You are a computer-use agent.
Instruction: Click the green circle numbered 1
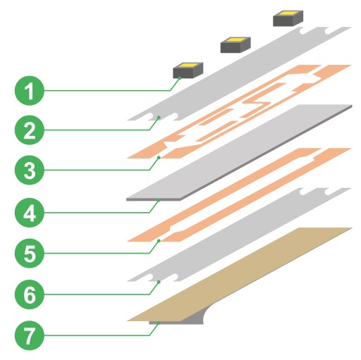pos(30,90)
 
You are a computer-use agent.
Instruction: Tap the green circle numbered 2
pos(30,130)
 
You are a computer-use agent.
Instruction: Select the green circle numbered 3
pos(30,170)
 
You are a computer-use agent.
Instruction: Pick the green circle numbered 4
pos(30,213)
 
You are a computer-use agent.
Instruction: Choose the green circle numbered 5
pos(30,253)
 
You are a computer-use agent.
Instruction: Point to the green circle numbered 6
pos(30,294)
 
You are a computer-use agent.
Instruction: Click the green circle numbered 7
pos(30,335)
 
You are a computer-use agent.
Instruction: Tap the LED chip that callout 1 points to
pos(188,70)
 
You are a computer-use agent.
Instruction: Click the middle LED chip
pos(235,44)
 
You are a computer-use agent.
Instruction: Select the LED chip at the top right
pos(288,18)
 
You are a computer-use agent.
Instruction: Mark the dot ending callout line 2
pos(159,117)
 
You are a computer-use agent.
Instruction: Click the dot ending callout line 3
pos(159,157)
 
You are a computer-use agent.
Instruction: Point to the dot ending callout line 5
pos(159,241)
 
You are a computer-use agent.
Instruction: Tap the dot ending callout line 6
pos(159,282)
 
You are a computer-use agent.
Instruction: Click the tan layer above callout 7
pos(240,274)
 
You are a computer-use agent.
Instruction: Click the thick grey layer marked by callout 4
pos(239,153)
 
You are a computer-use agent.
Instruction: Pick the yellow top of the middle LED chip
pos(236,39)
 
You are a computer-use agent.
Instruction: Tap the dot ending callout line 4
pos(159,200)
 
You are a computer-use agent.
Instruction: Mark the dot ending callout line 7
pos(159,323)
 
